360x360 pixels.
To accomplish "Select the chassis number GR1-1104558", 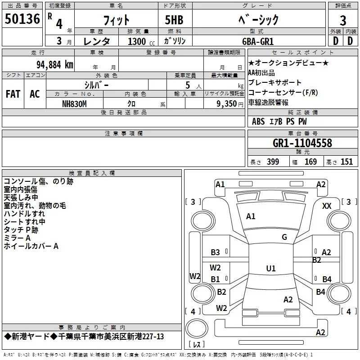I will (302, 143).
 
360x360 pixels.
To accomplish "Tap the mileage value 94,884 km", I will (54, 64).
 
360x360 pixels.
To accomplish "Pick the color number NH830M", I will (74, 103).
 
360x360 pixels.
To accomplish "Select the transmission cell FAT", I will (13, 94).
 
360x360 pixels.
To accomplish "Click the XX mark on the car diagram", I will (327, 206).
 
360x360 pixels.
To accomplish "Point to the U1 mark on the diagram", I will (270, 268).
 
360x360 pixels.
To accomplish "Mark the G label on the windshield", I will (284, 237).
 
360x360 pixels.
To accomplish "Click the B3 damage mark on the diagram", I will (216, 252).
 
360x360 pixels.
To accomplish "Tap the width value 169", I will (310, 162).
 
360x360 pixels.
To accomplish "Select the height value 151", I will (346, 162).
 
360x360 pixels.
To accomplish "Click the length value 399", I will (273, 162).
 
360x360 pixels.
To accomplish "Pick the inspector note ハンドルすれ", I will (24, 214).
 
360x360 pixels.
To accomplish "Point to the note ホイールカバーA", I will (31, 246).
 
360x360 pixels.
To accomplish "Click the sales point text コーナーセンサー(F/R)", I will (283, 93).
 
